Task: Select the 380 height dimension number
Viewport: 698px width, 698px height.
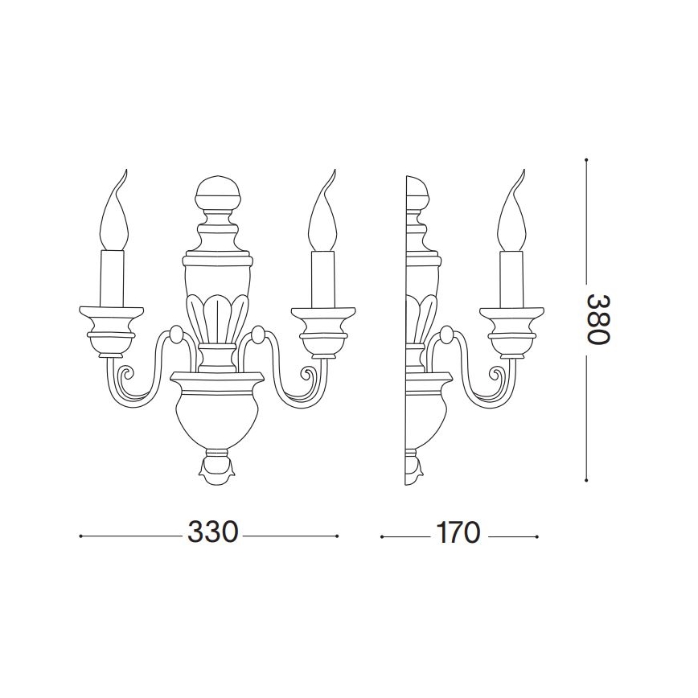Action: tap(597, 318)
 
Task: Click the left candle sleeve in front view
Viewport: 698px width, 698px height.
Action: tap(113, 278)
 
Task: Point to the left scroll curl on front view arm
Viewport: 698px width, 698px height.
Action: tap(125, 376)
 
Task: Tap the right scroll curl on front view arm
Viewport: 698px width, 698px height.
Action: tap(309, 376)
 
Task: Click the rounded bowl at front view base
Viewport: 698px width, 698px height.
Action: tap(217, 415)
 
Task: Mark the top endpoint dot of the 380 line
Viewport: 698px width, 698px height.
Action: tap(586, 160)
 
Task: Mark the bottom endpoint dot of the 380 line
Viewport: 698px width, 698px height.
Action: tap(586, 480)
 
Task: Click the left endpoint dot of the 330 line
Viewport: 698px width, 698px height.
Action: tap(81, 536)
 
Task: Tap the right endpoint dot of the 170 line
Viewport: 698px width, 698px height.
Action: tap(536, 536)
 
